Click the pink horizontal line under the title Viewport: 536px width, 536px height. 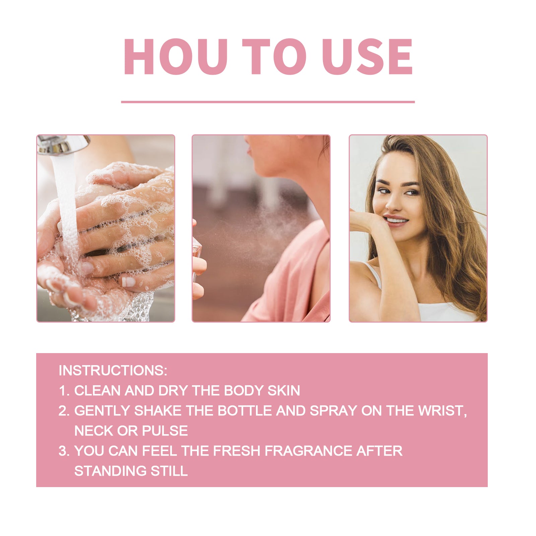(268, 102)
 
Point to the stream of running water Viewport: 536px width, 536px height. (67, 208)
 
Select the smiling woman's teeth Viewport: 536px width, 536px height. (396, 220)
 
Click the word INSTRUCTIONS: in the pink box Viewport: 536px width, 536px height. (113, 371)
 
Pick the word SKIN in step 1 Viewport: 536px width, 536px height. (283, 391)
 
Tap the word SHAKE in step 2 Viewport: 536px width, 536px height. (157, 411)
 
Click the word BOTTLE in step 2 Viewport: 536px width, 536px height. (245, 411)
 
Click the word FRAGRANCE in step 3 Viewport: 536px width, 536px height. (308, 451)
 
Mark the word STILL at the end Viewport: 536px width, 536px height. (169, 471)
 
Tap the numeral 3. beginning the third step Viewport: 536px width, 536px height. (64, 451)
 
